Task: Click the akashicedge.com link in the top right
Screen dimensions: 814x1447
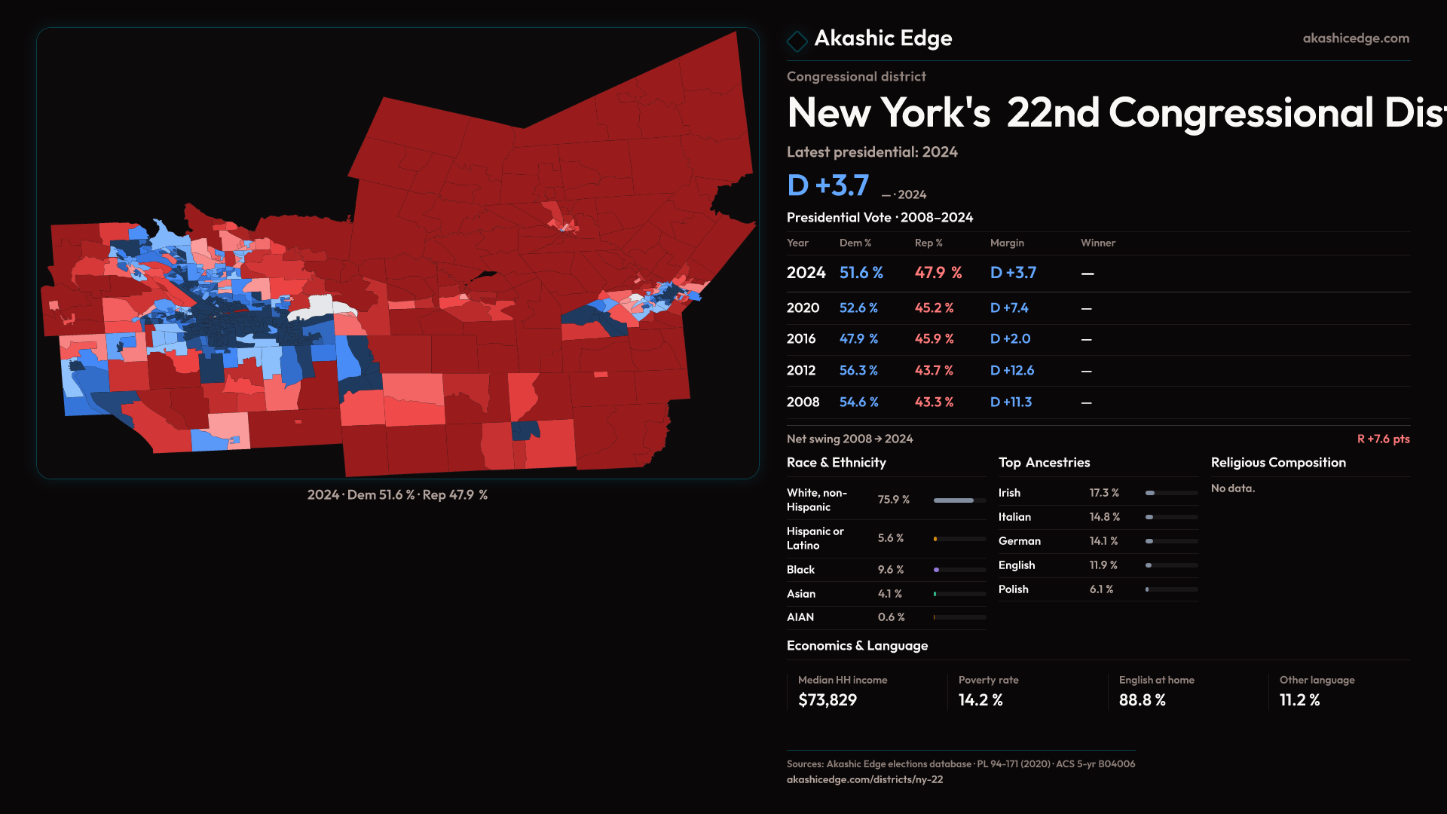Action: click(x=1355, y=38)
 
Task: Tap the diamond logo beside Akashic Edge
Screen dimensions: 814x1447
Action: click(x=797, y=40)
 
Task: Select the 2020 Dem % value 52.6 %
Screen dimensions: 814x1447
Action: click(x=858, y=308)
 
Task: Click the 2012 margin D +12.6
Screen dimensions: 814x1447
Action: click(x=1011, y=371)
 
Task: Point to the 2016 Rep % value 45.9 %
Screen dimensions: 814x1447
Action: click(x=934, y=339)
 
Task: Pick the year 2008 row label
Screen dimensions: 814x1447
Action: click(x=803, y=402)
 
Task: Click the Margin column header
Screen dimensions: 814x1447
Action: click(x=1007, y=243)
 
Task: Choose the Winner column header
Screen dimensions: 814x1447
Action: click(x=1097, y=243)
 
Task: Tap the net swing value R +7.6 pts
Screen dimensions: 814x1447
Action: click(x=1383, y=439)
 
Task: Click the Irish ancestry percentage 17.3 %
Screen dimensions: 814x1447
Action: click(x=1104, y=493)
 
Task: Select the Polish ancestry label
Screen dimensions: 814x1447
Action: click(x=1013, y=589)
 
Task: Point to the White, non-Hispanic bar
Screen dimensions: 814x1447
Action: click(x=959, y=500)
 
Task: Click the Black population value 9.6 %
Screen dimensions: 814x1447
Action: click(x=890, y=570)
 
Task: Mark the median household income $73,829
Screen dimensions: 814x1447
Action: click(x=828, y=700)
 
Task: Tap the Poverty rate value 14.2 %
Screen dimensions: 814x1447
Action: click(x=980, y=700)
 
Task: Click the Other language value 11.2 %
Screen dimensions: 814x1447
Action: click(x=1299, y=700)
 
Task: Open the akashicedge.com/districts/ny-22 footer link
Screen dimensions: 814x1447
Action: click(x=864, y=779)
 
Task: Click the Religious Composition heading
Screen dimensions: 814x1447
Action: click(x=1278, y=463)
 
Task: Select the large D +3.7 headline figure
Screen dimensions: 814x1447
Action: click(x=828, y=185)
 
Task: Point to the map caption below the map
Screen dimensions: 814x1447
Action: click(x=397, y=495)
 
